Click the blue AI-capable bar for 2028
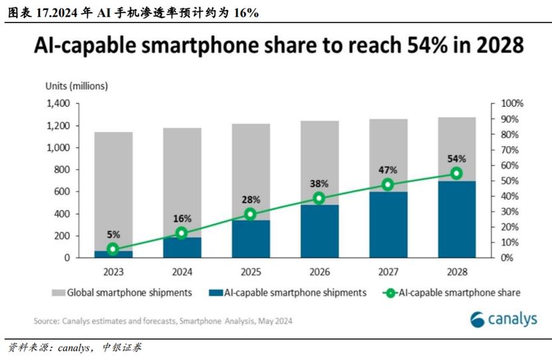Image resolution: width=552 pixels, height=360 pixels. coord(456,219)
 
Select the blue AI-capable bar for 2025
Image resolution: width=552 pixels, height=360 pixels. coord(250,239)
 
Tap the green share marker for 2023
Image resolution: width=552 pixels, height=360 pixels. coord(113,249)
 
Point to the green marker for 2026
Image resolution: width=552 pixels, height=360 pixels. coord(319,198)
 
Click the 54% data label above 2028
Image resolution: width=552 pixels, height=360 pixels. coord(456,159)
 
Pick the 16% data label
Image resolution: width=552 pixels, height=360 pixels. coord(182,219)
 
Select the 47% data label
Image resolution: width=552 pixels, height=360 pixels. coord(388,169)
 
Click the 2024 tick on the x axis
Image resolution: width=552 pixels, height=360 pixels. coord(182,272)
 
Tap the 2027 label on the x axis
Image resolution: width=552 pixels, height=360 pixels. coord(388,272)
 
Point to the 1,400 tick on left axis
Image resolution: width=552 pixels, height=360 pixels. coord(58,104)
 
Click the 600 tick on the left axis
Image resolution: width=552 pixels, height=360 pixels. coord(62,192)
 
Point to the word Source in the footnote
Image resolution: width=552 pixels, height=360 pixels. coord(47,321)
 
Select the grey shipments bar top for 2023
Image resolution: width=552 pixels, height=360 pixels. coord(113,133)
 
